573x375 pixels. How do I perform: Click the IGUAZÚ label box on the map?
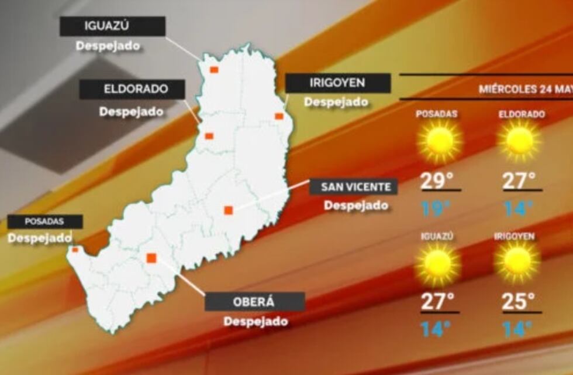point(113,26)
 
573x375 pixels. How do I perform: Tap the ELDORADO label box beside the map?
point(132,90)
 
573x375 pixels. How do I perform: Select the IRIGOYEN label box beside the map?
point(337,83)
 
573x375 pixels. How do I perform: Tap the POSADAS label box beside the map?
point(44,221)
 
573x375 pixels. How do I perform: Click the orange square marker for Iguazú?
point(214,70)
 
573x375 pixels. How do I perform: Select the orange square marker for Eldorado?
point(209,136)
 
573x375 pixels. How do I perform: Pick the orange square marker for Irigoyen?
point(279,116)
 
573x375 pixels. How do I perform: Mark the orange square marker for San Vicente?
point(228,210)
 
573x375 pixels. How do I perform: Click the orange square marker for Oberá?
point(151,258)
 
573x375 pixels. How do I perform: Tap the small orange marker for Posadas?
point(75,250)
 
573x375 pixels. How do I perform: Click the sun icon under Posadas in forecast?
point(440,141)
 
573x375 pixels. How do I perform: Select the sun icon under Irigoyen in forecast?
point(517,262)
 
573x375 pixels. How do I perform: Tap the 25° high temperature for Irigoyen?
point(518,302)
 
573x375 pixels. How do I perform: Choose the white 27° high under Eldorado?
point(519,180)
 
